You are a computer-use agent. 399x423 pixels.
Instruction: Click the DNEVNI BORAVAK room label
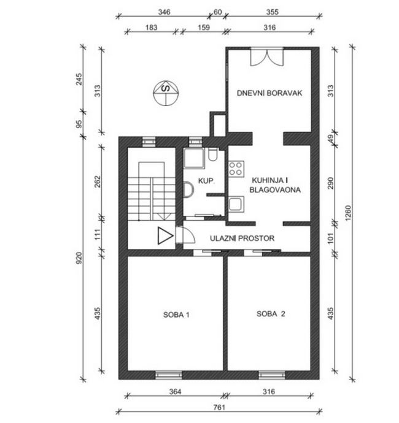(269, 93)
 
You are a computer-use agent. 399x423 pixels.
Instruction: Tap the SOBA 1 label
(176, 314)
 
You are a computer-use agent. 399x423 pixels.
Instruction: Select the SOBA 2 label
(271, 314)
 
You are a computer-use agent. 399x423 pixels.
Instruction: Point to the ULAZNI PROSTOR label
(242, 238)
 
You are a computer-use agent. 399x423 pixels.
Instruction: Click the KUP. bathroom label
(206, 181)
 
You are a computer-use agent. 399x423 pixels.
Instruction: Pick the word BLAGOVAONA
(275, 189)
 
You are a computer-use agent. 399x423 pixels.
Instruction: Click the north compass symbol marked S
(166, 93)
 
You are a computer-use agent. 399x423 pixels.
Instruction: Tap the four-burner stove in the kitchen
(236, 169)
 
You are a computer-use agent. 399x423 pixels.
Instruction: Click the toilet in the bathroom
(213, 154)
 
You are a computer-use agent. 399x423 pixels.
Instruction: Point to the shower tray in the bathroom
(194, 158)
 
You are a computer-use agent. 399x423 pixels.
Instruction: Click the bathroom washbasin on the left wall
(188, 189)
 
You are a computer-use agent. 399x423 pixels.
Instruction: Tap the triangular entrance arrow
(165, 236)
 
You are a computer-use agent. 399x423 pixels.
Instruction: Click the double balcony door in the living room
(267, 57)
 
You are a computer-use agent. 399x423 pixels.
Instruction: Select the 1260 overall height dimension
(348, 213)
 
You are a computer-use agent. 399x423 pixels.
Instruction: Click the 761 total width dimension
(219, 407)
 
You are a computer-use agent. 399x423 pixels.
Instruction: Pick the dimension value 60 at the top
(217, 12)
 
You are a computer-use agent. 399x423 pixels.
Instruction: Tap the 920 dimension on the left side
(79, 258)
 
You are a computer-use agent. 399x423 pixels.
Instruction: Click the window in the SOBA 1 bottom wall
(168, 375)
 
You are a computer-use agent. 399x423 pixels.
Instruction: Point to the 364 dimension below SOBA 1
(175, 392)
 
